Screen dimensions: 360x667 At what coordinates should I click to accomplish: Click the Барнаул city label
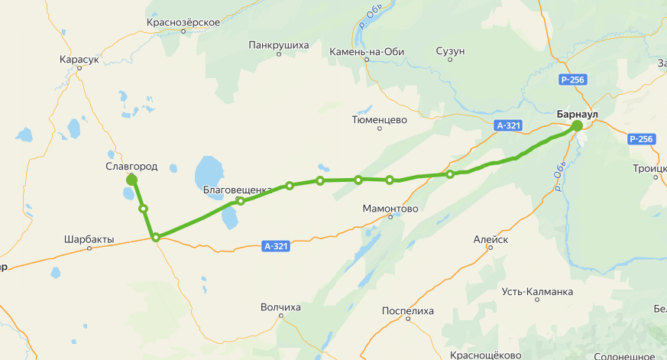click(x=577, y=114)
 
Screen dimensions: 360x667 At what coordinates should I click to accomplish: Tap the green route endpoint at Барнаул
click(x=577, y=125)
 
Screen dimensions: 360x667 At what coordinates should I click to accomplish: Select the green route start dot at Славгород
click(x=131, y=179)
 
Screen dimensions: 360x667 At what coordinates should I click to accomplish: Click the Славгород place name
click(x=132, y=166)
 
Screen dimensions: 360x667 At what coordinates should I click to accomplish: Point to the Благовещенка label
click(x=238, y=190)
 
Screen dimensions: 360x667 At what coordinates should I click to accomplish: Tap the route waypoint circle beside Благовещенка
click(x=241, y=201)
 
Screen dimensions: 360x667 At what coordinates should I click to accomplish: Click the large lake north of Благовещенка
click(x=209, y=169)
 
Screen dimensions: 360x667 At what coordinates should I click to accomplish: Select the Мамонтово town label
click(x=390, y=208)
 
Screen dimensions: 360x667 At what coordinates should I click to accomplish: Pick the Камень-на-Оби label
click(x=366, y=51)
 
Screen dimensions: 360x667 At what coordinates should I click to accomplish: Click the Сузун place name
click(x=450, y=51)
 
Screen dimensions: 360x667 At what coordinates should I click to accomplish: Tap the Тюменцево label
click(x=379, y=119)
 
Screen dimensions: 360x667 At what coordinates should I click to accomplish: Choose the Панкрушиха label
click(x=279, y=45)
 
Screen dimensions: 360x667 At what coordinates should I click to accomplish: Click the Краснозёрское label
click(x=183, y=22)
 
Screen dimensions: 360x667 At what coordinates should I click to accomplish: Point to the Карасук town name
click(x=79, y=59)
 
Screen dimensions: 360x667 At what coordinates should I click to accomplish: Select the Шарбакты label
click(x=89, y=239)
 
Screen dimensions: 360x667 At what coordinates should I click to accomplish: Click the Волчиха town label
click(x=280, y=307)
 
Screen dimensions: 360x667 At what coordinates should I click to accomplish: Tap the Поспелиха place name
click(x=407, y=311)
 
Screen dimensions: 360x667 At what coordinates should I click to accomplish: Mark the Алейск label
click(x=491, y=239)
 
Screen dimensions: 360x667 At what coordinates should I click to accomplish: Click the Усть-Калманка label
click(x=537, y=291)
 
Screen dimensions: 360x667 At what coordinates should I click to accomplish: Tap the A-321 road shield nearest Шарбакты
click(x=277, y=246)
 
